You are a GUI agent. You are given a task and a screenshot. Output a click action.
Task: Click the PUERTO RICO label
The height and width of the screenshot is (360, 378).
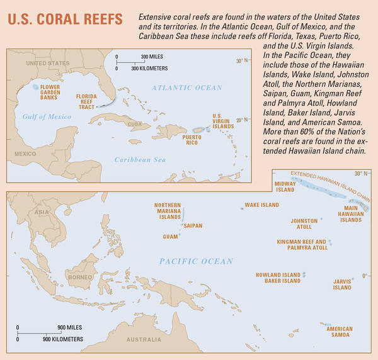click(192, 138)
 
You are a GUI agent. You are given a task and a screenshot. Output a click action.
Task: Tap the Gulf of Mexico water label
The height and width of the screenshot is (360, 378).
click(46, 116)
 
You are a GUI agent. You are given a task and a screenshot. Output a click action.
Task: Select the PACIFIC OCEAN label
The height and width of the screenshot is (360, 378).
click(196, 261)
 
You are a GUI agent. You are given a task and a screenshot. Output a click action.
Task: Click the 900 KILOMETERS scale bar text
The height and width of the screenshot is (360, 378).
click(62, 340)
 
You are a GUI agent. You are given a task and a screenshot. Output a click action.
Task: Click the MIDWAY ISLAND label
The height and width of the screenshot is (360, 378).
click(285, 186)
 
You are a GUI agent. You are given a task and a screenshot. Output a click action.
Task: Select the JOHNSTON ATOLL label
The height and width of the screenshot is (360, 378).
click(304, 223)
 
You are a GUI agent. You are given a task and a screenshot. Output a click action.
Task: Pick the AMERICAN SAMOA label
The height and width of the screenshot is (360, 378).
click(340, 332)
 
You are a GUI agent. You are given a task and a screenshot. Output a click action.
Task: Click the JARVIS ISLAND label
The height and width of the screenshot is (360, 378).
click(342, 285)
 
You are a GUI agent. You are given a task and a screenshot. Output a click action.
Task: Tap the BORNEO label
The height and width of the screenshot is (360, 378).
click(81, 278)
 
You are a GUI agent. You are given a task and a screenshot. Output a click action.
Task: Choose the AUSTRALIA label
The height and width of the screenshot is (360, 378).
click(144, 340)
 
